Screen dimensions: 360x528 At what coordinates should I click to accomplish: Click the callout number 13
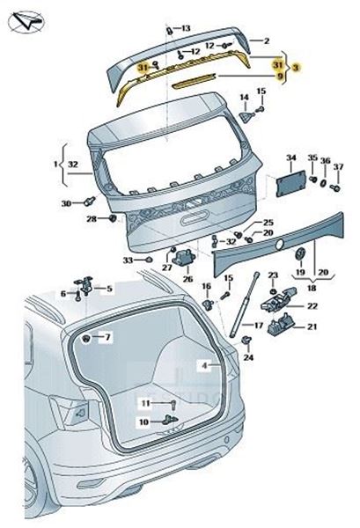pos(186,28)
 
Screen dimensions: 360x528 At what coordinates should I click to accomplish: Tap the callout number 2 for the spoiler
pos(267,41)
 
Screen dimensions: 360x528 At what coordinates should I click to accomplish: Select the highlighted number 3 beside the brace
pos(296,68)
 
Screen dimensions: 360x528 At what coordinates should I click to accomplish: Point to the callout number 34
pos(291,158)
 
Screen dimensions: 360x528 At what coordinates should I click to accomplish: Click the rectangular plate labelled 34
pos(291,184)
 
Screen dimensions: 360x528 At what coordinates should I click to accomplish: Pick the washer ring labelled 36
pos(323,184)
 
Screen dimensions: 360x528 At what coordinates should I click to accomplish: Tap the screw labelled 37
pos(335,187)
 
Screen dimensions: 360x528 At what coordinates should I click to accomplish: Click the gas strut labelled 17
pos(244,304)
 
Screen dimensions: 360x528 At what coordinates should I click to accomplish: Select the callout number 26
pos(187,279)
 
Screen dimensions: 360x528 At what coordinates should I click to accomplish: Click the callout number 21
pos(312,326)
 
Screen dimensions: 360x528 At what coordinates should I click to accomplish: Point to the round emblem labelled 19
pos(300,253)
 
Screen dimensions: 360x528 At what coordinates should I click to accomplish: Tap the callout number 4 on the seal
pos(205,365)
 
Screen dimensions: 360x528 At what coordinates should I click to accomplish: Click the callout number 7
pos(107,337)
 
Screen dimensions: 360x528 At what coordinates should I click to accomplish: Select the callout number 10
pos(143,422)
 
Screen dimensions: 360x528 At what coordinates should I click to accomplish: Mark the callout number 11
pos(145,403)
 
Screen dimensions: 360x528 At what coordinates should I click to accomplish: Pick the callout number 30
pos(66,203)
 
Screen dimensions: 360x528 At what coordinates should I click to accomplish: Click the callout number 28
pos(92,219)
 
